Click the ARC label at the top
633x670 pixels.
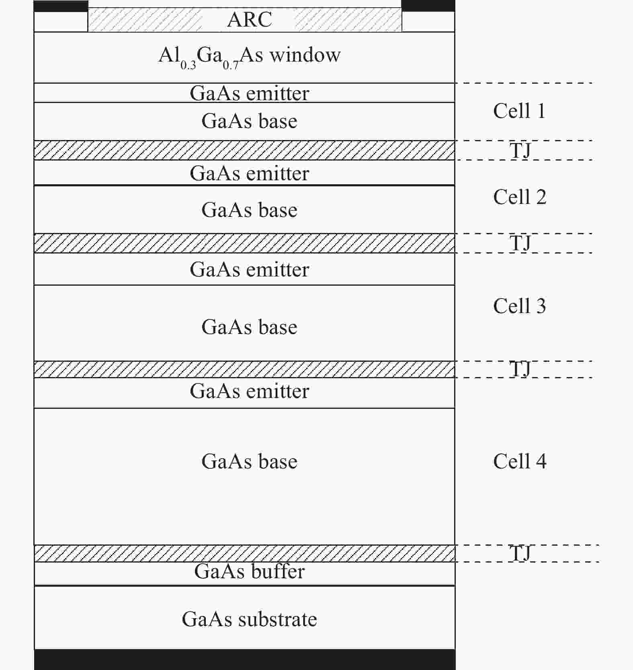[250, 19]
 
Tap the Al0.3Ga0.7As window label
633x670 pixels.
[250, 56]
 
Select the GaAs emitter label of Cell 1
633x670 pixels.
[250, 93]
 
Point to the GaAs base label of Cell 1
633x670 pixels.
[250, 121]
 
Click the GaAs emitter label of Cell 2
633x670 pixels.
[250, 173]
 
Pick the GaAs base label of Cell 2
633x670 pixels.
[250, 210]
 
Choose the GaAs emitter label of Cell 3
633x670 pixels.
[250, 269]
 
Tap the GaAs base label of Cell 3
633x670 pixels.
[250, 327]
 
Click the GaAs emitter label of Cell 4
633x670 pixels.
[250, 391]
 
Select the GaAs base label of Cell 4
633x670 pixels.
[250, 461]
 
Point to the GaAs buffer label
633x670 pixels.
[250, 571]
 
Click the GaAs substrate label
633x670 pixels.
[250, 619]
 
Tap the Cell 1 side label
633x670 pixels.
[519, 111]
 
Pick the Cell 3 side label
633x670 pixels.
[520, 306]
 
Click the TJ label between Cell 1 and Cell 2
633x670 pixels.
[520, 150]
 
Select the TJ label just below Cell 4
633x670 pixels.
[520, 553]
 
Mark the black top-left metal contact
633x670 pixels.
[61, 6]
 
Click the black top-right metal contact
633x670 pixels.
[428, 6]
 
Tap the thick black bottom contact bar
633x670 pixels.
[245, 660]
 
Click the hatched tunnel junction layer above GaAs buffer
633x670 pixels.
[245, 553]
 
